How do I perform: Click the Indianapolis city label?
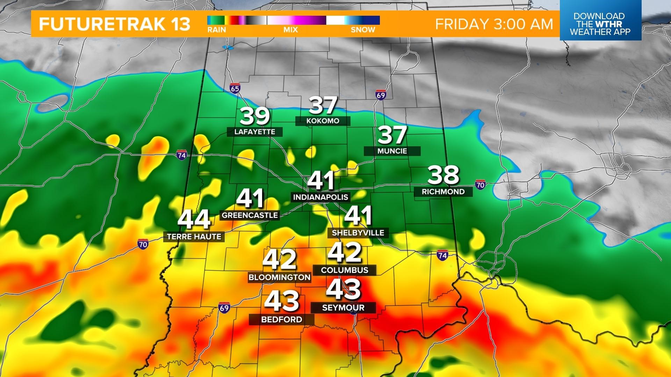320,197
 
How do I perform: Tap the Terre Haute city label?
194,236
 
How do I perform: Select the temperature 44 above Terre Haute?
194,220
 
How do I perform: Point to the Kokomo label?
323,121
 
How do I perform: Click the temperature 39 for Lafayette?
255,116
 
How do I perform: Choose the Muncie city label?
392,151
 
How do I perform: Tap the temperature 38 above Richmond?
443,175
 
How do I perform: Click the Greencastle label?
250,215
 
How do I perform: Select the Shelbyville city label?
358,232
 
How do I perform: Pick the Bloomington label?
279,277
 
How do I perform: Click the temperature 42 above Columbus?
345,253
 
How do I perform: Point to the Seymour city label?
343,308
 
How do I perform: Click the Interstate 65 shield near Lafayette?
235,89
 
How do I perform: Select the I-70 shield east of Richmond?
480,185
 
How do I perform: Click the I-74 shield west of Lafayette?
181,155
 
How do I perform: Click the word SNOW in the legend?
363,30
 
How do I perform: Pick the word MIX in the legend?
290,30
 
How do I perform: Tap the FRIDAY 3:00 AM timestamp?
494,24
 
